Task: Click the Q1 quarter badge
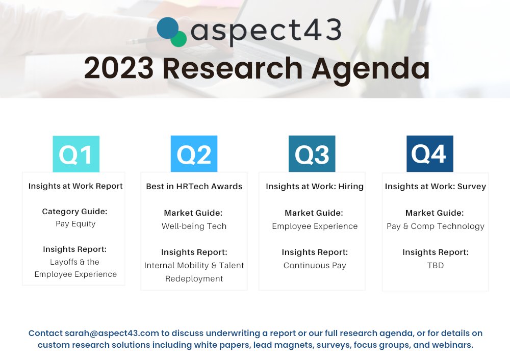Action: click(76, 154)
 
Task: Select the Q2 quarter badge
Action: click(194, 154)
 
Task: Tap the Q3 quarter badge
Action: click(312, 154)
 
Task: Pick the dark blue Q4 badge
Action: click(429, 154)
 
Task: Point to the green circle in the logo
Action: click(178, 39)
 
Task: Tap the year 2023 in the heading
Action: click(119, 68)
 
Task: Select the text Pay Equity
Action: click(75, 223)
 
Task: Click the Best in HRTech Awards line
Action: click(194, 186)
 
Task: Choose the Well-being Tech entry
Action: click(194, 226)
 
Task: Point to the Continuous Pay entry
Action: click(315, 265)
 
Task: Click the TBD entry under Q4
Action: click(435, 265)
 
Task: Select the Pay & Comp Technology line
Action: click(435, 226)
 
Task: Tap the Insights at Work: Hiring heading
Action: click(315, 186)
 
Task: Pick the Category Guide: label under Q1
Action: click(75, 211)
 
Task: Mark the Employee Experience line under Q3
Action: click(315, 226)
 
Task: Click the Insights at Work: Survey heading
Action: click(435, 186)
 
